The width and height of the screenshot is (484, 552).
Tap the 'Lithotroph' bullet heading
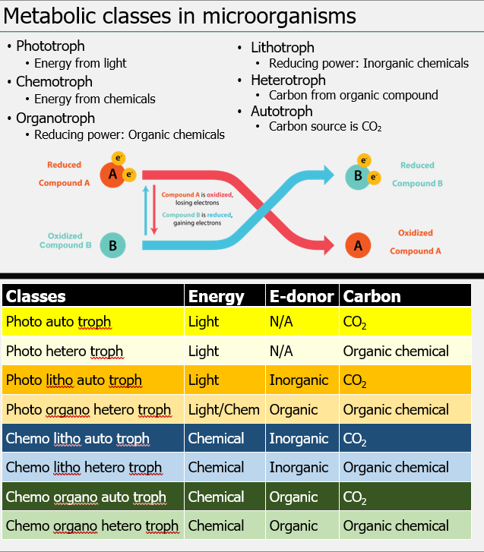(282, 47)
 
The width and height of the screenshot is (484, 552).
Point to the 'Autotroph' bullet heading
(281, 112)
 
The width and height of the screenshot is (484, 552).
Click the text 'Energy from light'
(81, 63)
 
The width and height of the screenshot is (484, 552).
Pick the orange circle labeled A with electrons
(112, 175)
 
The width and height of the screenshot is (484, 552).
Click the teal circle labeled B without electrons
(112, 245)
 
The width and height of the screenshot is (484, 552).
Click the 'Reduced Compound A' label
(64, 174)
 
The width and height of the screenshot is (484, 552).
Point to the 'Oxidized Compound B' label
(65, 241)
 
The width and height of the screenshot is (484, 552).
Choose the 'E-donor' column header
(302, 296)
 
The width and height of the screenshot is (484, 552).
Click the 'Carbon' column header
(372, 296)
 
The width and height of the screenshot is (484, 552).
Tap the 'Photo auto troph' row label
(59, 322)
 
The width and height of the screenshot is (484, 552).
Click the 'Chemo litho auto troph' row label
(78, 439)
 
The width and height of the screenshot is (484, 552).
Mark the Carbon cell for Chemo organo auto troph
(355, 497)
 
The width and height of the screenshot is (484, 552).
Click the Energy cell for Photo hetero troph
(204, 352)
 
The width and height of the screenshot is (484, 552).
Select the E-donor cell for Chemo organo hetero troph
(293, 525)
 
